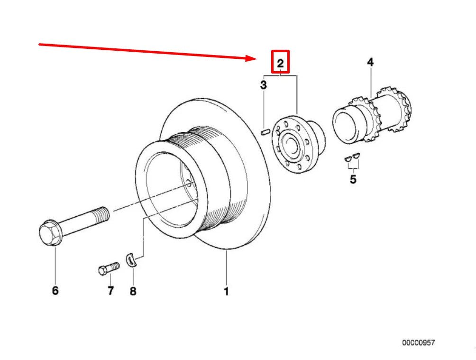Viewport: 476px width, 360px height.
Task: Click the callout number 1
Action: (226, 291)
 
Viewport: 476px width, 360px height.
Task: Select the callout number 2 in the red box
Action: (280, 63)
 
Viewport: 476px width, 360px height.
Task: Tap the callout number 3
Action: (263, 85)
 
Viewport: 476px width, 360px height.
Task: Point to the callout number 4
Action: (370, 62)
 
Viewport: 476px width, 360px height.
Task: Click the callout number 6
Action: (55, 290)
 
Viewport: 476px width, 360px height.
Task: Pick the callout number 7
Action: (110, 290)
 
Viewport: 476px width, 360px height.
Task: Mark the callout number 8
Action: (133, 291)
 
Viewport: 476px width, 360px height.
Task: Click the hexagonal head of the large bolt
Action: (49, 233)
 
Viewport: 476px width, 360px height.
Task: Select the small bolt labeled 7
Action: (108, 270)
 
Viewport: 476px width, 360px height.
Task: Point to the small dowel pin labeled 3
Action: (265, 132)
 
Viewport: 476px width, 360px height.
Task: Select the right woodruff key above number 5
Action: (357, 156)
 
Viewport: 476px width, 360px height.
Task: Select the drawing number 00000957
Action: (418, 342)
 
